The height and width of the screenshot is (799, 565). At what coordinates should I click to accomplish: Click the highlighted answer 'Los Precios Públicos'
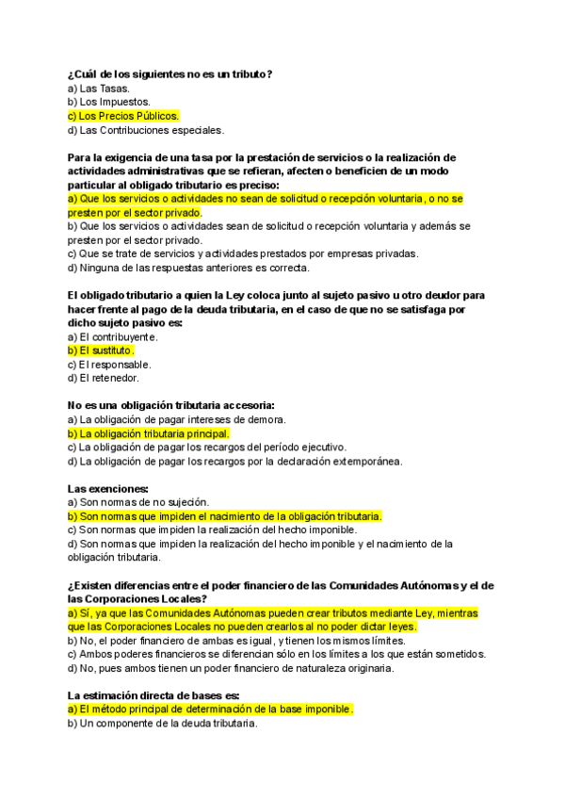122,116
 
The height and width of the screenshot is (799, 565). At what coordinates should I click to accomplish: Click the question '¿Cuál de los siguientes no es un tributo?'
169,73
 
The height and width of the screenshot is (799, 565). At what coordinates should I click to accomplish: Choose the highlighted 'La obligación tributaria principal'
149,433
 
